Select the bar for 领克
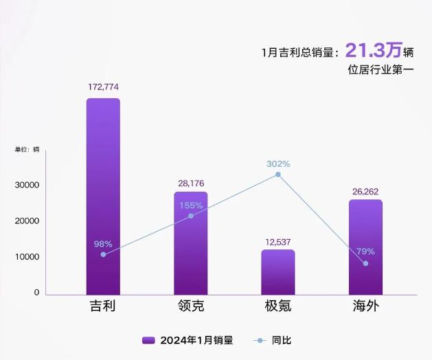point(190,243)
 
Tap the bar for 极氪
point(278,272)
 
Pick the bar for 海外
point(365,247)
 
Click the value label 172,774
point(103,87)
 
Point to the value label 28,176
point(190,183)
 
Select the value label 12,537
point(278,241)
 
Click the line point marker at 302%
point(278,175)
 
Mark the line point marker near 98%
point(103,254)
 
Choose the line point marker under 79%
point(365,263)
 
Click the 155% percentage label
point(191,205)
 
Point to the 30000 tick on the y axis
point(27,185)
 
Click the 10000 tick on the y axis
point(27,257)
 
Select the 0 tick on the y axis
point(36,293)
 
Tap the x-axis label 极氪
point(278,306)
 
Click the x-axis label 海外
point(365,306)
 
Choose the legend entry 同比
point(272,340)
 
